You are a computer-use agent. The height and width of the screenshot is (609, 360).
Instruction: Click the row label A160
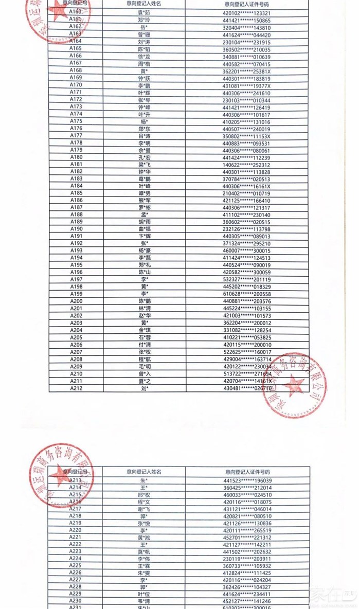(76, 12)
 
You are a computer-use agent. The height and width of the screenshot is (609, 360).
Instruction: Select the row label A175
(76, 121)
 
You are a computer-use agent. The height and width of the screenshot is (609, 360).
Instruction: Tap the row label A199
(76, 294)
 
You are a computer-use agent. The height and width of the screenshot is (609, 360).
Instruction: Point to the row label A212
(76, 388)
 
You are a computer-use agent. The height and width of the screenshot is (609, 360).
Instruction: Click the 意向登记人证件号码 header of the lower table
(247, 472)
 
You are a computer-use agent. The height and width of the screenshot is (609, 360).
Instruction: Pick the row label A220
(76, 530)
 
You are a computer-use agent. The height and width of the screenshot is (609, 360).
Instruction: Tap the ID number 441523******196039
(247, 480)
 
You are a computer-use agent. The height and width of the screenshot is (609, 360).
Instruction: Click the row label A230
(76, 600)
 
